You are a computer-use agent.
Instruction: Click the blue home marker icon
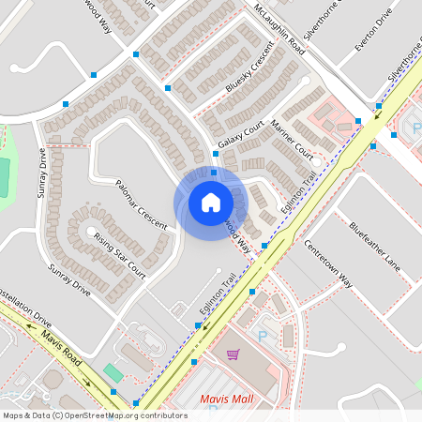pyautogui.click(x=210, y=203)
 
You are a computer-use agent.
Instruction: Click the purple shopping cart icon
pyautogui.click(x=233, y=354)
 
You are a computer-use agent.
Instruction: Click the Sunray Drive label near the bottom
pyautogui.click(x=68, y=280)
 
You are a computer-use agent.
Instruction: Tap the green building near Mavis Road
pyautogui.click(x=113, y=372)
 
